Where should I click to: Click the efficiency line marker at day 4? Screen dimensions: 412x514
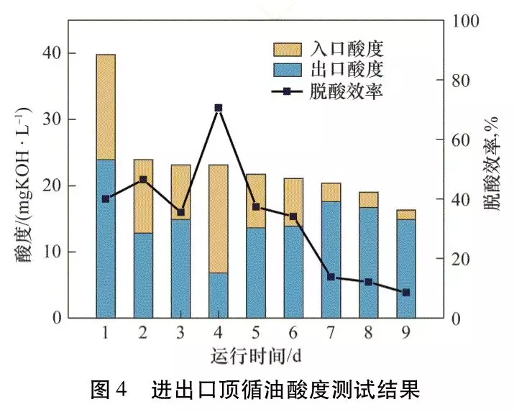coord(219,108)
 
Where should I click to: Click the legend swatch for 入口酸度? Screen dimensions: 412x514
coord(288,49)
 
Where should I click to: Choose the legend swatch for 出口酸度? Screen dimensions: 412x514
coord(288,70)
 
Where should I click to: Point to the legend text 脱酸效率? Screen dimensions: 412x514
coord(347,91)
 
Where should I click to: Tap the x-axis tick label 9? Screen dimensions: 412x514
coord(406,333)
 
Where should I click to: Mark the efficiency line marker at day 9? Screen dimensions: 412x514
coord(406,293)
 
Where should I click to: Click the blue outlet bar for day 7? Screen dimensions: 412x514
coord(331,260)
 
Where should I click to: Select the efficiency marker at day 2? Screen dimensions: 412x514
coord(143,180)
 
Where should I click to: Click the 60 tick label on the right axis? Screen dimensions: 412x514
coord(455,140)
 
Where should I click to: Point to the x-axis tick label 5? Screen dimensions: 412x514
coord(256,333)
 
